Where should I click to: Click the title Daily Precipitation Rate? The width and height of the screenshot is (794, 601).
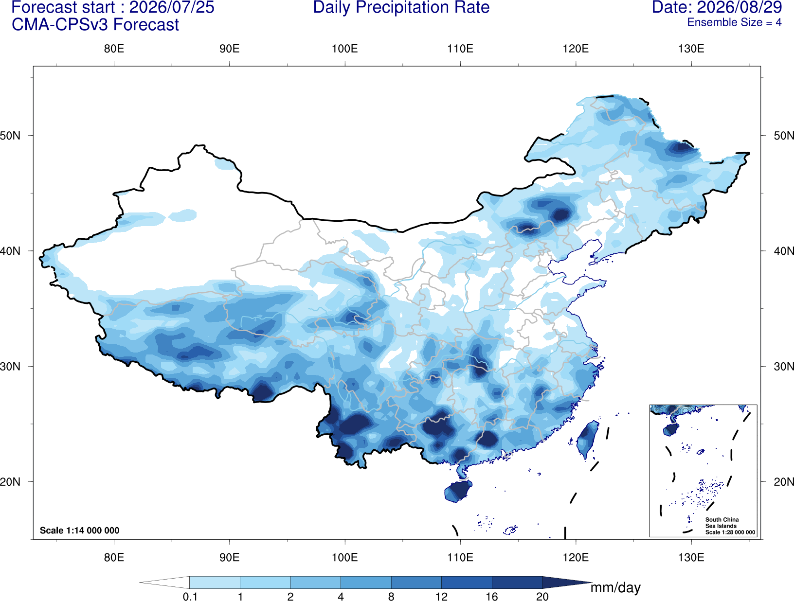[401, 7]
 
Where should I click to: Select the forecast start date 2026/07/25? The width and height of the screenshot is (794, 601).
[171, 7]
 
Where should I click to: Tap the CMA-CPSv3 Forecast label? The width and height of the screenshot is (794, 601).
[95, 25]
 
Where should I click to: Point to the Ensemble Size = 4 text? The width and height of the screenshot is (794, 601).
[734, 22]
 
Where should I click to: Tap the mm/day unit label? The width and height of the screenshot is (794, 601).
[615, 588]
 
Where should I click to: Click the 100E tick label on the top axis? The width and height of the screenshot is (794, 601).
[345, 49]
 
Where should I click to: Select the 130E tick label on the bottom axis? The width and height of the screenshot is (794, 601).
[691, 557]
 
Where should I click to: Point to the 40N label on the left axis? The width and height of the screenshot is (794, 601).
[10, 251]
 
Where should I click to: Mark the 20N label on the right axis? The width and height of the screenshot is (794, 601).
[783, 481]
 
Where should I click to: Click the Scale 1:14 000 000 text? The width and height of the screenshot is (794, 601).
[80, 530]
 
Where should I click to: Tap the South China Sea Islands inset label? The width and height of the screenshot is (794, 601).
[722, 523]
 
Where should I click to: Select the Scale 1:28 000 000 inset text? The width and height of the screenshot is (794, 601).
[730, 532]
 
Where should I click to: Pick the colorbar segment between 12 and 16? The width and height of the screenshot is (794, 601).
[467, 582]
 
